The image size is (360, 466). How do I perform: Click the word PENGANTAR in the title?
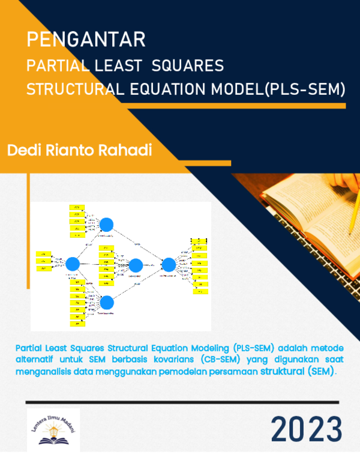[86, 41]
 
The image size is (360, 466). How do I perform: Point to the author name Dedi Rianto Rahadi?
[79, 150]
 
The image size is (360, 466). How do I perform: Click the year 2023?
[306, 429]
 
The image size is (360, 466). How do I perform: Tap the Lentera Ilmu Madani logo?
[53, 429]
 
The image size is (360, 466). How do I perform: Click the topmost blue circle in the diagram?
[107, 224]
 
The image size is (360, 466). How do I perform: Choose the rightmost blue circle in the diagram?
[169, 264]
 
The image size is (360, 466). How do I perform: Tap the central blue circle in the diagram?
[136, 265]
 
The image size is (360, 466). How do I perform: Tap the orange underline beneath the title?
[186, 106]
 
